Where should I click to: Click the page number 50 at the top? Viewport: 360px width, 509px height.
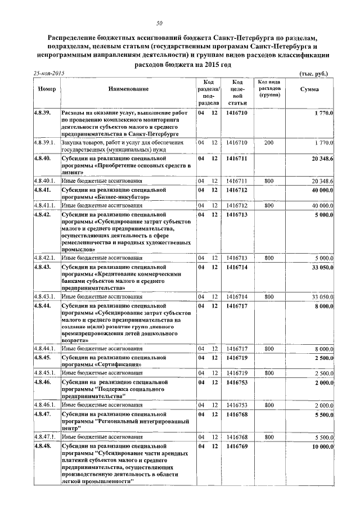(159, 23)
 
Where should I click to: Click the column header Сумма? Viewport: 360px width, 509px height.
(309, 89)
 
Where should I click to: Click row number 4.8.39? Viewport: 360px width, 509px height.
(43, 112)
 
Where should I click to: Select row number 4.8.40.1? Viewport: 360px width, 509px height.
(45, 181)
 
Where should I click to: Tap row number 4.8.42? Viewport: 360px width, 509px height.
(43, 214)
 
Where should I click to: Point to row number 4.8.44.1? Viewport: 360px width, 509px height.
(45, 349)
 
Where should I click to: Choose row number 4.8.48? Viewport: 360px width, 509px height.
(43, 446)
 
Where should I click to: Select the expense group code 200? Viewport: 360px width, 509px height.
(269, 142)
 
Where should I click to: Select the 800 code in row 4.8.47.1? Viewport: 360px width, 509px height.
(269, 437)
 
